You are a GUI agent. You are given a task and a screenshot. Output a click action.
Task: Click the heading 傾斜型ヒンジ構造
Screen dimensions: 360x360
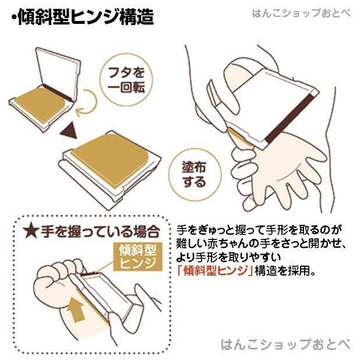85,18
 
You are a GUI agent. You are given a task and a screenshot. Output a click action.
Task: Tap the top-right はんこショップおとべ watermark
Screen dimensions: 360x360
301,13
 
